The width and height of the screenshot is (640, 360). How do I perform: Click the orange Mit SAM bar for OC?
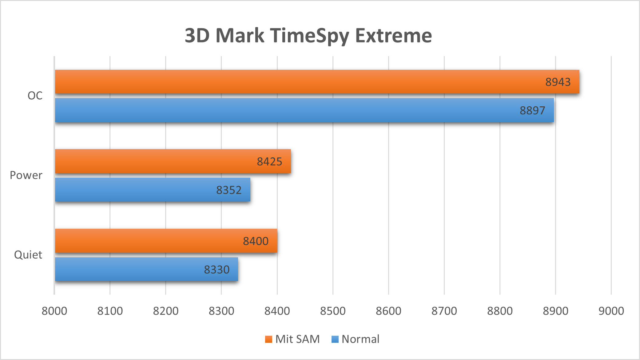click(317, 81)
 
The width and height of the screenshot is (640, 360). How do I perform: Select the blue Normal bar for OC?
click(304, 110)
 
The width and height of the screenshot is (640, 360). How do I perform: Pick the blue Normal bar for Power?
click(153, 190)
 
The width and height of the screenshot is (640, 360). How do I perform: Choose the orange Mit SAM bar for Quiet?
click(166, 241)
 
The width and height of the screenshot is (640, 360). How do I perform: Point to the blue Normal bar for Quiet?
click(146, 269)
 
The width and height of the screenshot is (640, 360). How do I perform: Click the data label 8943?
click(558, 82)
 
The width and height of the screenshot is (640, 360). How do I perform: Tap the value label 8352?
click(229, 190)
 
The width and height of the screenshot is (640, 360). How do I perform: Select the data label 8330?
click(217, 270)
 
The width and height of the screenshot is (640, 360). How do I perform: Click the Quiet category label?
click(28, 255)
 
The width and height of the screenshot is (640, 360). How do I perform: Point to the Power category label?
click(26, 175)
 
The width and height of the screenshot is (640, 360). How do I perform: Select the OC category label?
click(35, 96)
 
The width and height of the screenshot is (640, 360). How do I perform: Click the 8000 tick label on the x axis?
click(54, 311)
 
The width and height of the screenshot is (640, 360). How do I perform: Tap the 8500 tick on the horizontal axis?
click(333, 311)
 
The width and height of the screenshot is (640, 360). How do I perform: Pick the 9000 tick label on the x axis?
click(611, 311)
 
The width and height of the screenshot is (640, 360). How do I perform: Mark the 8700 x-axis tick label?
click(444, 311)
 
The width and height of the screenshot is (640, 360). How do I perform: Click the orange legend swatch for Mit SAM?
click(268, 339)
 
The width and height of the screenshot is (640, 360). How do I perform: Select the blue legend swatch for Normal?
click(335, 339)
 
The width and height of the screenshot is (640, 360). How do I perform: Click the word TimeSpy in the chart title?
click(310, 36)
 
